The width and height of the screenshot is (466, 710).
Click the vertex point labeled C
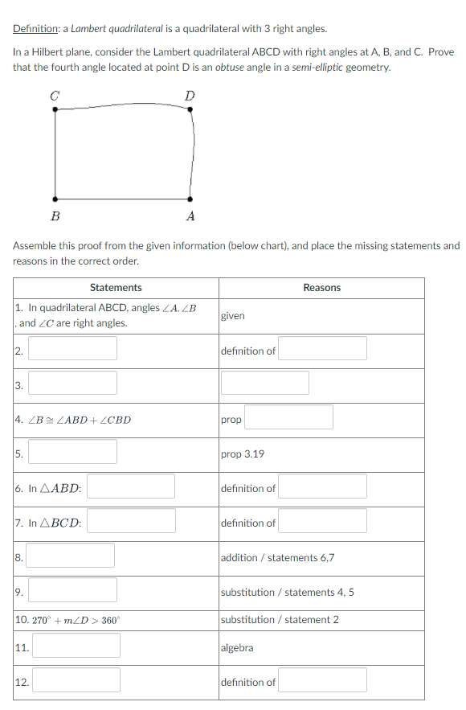pyautogui.click(x=55, y=109)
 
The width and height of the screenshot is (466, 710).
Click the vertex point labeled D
pyautogui.click(x=190, y=109)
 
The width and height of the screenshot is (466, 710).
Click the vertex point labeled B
pyautogui.click(x=55, y=199)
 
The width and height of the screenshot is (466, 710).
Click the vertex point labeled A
pyautogui.click(x=190, y=199)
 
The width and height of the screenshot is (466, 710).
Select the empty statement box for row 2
pyautogui.click(x=73, y=348)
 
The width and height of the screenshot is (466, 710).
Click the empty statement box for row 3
pyautogui.click(x=73, y=383)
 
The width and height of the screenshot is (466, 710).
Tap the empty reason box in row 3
pyautogui.click(x=265, y=383)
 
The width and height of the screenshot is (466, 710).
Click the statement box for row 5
pyautogui.click(x=73, y=452)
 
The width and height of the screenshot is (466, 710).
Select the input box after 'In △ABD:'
pyautogui.click(x=131, y=486)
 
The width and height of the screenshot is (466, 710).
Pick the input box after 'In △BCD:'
pyautogui.click(x=131, y=521)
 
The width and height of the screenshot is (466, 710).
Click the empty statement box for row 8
pyautogui.click(x=72, y=556)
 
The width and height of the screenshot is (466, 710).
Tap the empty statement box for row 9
pyautogui.click(x=73, y=590)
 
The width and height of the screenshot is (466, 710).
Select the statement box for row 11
pyautogui.click(x=76, y=645)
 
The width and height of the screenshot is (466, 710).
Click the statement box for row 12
pyautogui.click(x=76, y=680)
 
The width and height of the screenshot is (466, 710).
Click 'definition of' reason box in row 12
pyautogui.click(x=323, y=680)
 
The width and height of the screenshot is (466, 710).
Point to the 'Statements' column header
pyautogui.click(x=116, y=288)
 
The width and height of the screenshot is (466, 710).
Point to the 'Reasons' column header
pyautogui.click(x=321, y=288)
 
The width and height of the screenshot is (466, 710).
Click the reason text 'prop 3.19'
pyautogui.click(x=242, y=454)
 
